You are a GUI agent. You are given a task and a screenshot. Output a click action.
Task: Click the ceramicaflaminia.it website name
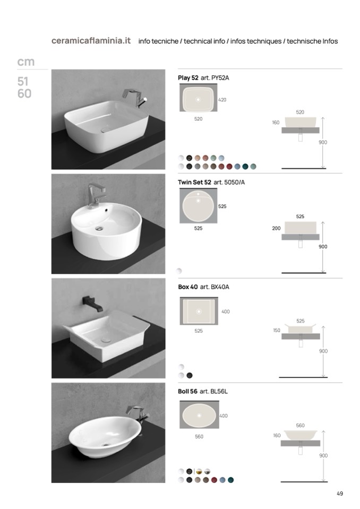(x=91, y=41)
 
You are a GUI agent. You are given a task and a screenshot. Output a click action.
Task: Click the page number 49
(x=339, y=494)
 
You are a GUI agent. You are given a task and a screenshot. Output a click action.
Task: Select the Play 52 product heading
(x=188, y=78)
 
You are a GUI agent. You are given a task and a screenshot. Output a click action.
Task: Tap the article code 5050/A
(x=234, y=183)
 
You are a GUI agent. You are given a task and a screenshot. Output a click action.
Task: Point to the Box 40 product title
(x=187, y=287)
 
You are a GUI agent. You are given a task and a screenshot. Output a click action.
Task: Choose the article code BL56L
(x=219, y=392)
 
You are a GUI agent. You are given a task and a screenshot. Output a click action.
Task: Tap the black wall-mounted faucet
(x=92, y=304)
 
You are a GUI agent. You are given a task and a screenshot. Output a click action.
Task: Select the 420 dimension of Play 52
(x=222, y=100)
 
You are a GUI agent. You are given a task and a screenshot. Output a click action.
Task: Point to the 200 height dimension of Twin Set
(x=276, y=229)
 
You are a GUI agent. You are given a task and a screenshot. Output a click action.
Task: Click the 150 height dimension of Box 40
(x=277, y=331)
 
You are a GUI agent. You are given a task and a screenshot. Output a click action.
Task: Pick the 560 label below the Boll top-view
(x=199, y=437)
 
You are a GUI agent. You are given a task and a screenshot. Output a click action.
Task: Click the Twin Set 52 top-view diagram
(x=199, y=205)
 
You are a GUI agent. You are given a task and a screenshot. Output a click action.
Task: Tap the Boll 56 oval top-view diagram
(x=199, y=415)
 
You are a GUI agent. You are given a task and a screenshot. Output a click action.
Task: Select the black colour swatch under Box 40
(x=190, y=376)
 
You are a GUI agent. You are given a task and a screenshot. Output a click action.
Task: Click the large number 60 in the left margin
(x=24, y=94)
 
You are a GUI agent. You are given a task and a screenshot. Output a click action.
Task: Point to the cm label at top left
(x=25, y=62)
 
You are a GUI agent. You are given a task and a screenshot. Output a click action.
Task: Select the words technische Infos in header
(x=312, y=41)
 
